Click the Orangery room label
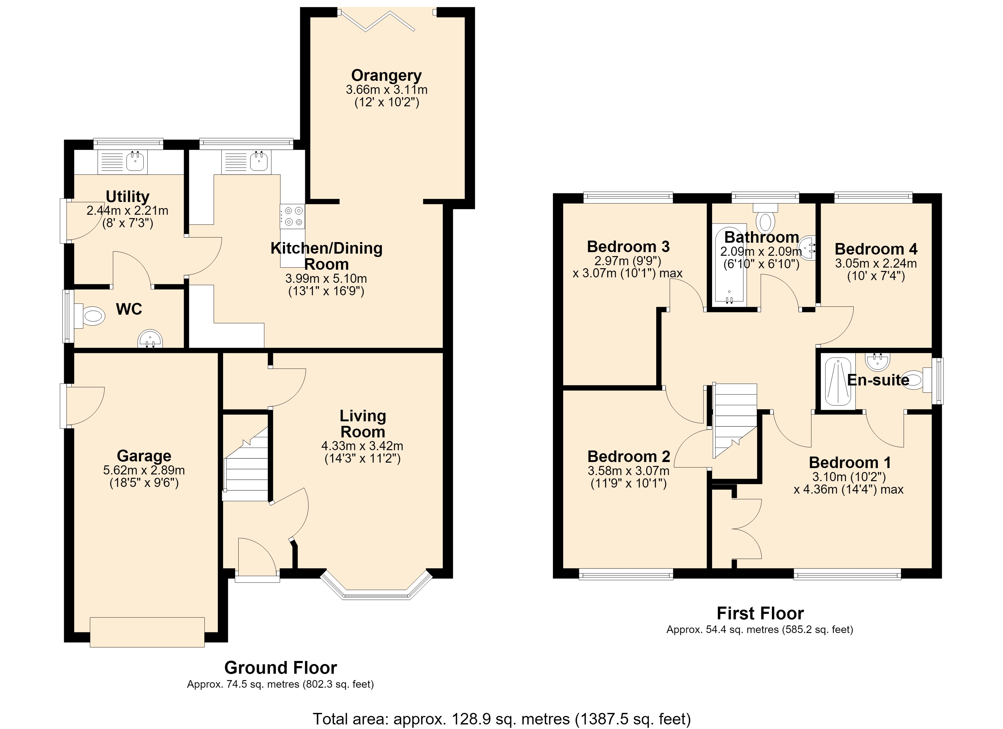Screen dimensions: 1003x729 pyautogui.click(x=386, y=76)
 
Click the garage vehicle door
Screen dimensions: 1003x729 pyautogui.click(x=147, y=632)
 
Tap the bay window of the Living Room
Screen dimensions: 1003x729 pyautogui.click(x=376, y=586)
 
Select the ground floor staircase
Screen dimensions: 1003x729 pyautogui.click(x=246, y=464)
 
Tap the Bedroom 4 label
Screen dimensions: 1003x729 pyautogui.click(x=876, y=249)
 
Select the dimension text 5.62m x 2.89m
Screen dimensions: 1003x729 pyautogui.click(x=144, y=471)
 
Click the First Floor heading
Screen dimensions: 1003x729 pyautogui.click(x=760, y=614)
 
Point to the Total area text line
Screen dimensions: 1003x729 pyautogui.click(x=501, y=719)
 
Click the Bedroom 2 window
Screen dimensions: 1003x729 pyautogui.click(x=626, y=575)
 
